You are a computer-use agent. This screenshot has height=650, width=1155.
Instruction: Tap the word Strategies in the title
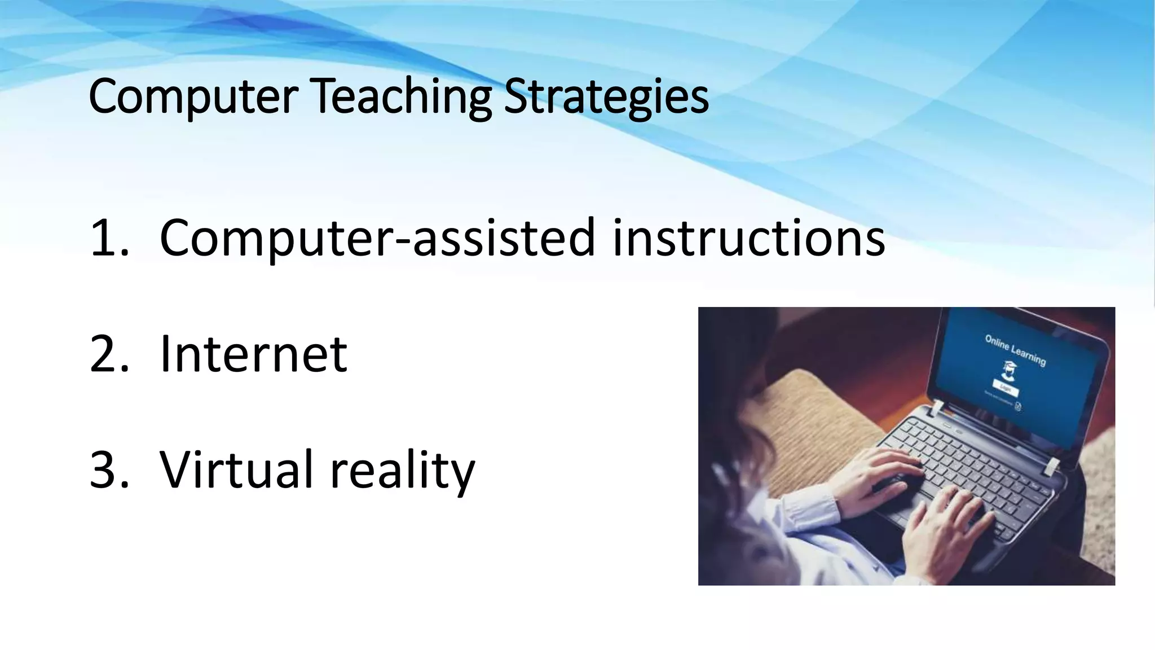click(606, 97)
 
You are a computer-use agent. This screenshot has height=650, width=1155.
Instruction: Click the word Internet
click(253, 354)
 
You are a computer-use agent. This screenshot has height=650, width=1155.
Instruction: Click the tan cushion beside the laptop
click(818, 412)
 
